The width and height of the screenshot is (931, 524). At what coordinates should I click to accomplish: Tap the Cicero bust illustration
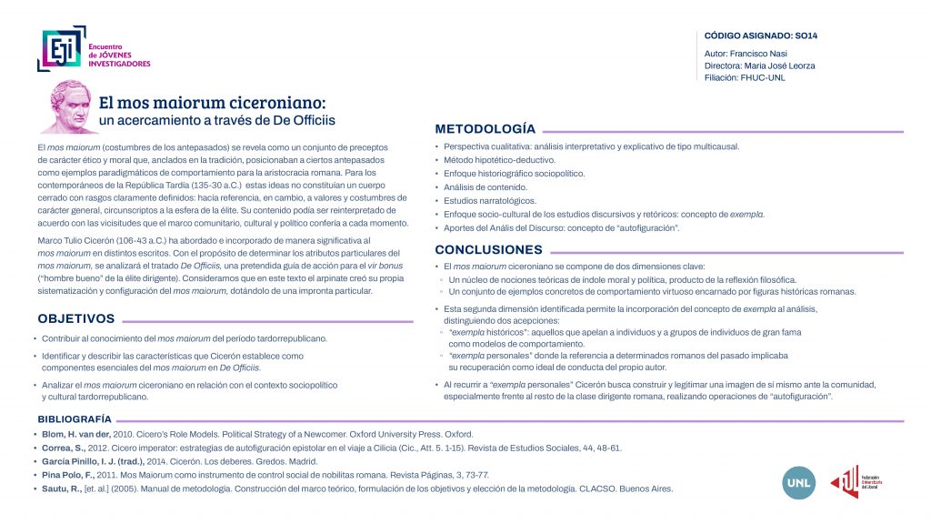69,106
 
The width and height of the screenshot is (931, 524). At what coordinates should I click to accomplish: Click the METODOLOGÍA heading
485,128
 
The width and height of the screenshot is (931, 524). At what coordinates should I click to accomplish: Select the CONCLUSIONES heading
488,249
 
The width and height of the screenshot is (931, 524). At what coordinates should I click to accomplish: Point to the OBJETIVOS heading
76,318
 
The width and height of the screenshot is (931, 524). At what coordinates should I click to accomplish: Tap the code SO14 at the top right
806,35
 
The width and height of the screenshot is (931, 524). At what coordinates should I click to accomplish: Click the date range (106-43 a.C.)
127,239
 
